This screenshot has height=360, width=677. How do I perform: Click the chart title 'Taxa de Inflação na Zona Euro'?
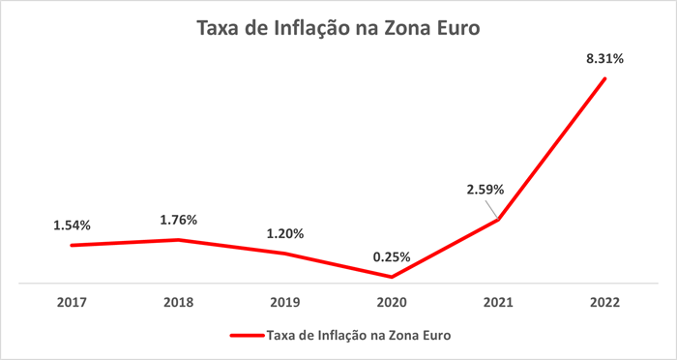[x=338, y=29]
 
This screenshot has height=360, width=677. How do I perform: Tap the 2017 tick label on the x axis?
[x=72, y=303]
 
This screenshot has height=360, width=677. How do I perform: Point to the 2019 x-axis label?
[x=285, y=303]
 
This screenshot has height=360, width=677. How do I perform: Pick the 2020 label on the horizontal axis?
[x=392, y=303]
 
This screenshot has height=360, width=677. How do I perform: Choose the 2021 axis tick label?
[x=498, y=303]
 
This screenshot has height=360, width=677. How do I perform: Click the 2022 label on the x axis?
[x=605, y=303]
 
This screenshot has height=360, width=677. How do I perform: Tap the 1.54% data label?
[x=72, y=225]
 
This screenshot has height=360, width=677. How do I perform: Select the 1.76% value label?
[x=178, y=220]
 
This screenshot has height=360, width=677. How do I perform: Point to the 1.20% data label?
[x=285, y=233]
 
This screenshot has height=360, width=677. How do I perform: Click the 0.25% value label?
[x=392, y=257]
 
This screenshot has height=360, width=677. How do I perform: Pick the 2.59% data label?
[x=485, y=190]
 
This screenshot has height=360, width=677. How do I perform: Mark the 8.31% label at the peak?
[x=605, y=58]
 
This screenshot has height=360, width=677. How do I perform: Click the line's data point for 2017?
[x=72, y=245]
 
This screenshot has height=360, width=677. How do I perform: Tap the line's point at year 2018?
[x=178, y=239]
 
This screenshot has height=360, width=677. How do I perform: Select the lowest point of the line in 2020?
[x=392, y=278]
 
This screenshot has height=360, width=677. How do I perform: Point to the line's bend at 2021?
[x=498, y=220]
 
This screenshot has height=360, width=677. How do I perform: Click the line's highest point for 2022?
[x=605, y=78]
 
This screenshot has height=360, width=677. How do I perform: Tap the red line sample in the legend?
[x=246, y=336]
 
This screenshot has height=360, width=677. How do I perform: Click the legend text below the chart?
[x=359, y=336]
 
